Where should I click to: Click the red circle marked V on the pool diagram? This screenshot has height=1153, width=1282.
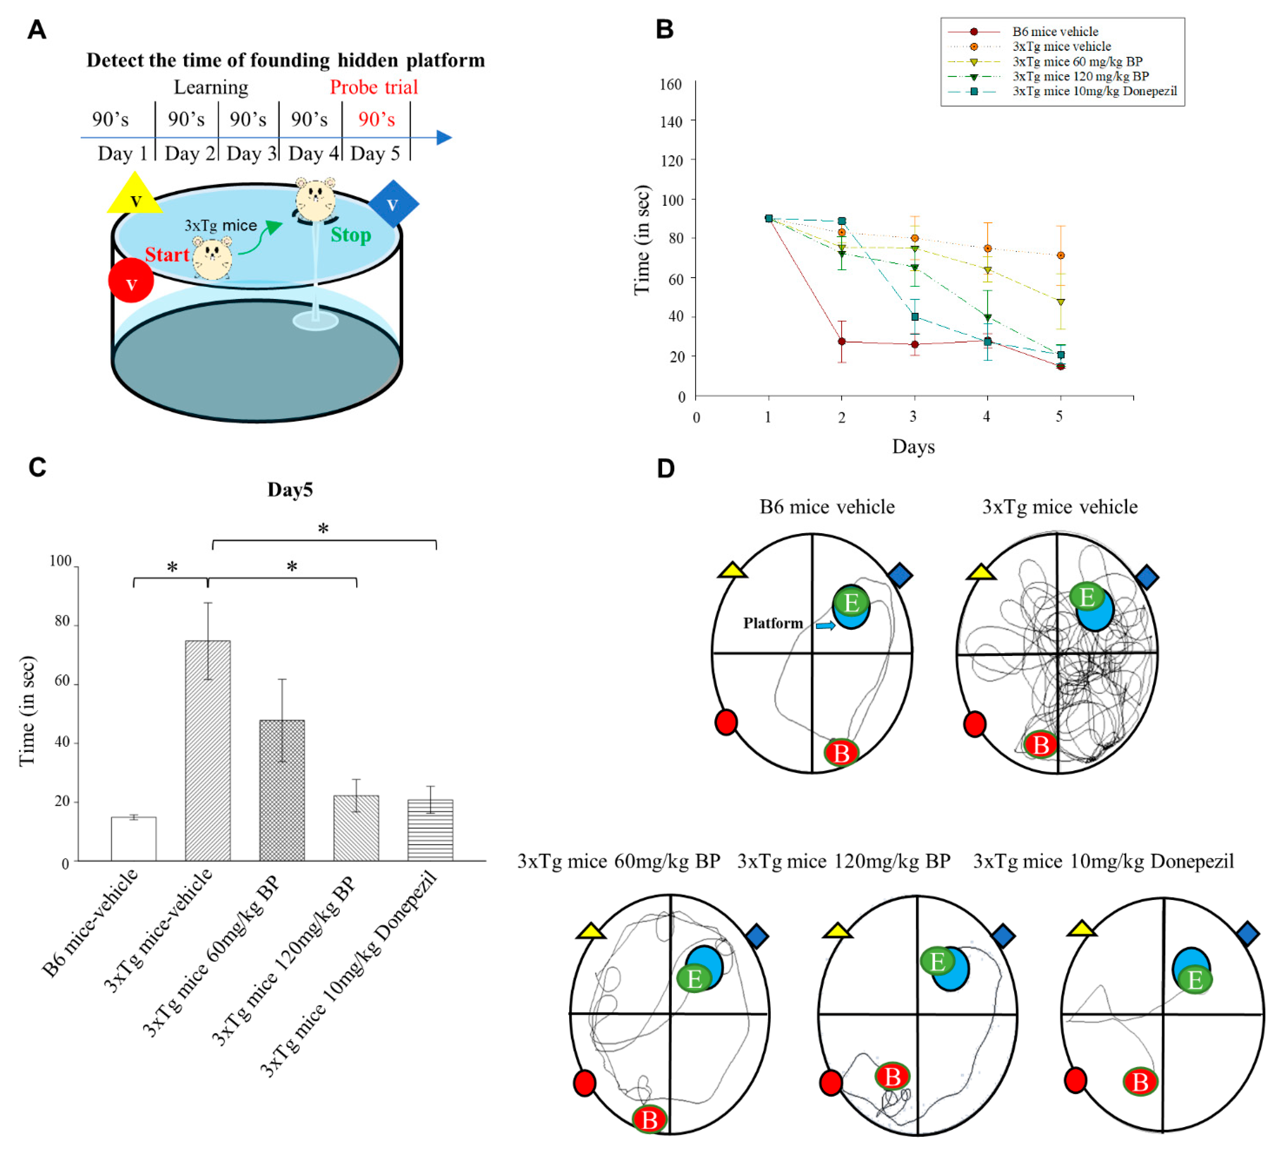[131, 281]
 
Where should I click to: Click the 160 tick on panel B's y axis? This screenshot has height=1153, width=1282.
[670, 85]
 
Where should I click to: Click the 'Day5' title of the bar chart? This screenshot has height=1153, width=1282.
[290, 490]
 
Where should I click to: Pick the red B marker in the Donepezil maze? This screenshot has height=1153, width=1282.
[1140, 1082]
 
